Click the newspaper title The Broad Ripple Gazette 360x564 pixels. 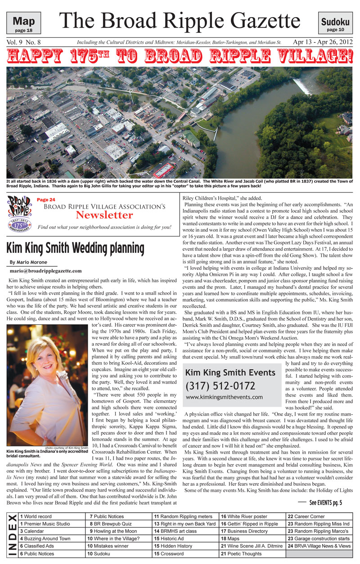pos(180,21)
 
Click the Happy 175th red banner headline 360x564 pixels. pos(180,56)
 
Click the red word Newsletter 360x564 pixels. pos(105,215)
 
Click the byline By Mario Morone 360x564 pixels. pos(29,262)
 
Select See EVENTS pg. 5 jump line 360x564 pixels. pos(325,501)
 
